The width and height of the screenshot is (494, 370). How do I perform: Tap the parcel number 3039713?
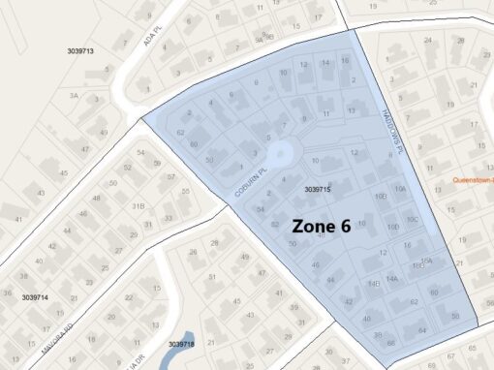pos(80,50)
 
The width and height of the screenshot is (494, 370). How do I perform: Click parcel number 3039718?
pos(181,344)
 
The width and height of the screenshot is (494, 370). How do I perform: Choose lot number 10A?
pos(400,190)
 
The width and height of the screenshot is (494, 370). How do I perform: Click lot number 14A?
pos(392,278)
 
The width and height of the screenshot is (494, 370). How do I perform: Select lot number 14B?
pos(374,284)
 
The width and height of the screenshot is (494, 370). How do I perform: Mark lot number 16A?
pos(425,261)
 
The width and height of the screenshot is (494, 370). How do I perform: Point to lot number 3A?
pos(73,96)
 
